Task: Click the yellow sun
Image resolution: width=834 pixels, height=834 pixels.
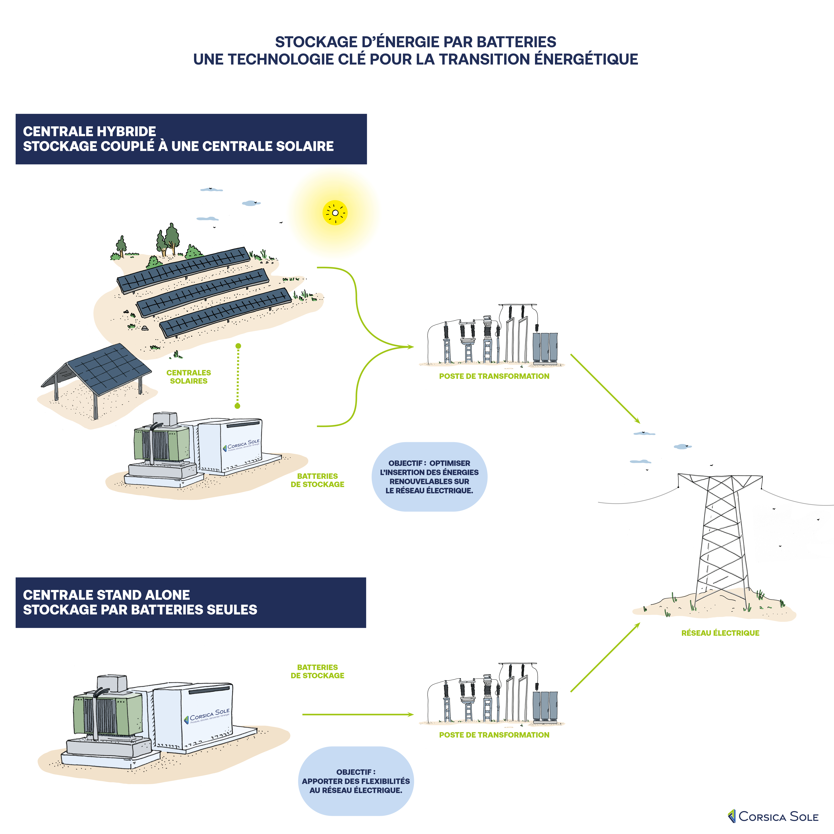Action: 335,212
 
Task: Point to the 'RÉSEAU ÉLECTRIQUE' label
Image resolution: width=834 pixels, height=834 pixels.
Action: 720,633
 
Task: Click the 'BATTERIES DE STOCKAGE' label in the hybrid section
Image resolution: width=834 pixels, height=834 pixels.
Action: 317,480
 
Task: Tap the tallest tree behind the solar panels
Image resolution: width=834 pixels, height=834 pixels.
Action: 172,237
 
